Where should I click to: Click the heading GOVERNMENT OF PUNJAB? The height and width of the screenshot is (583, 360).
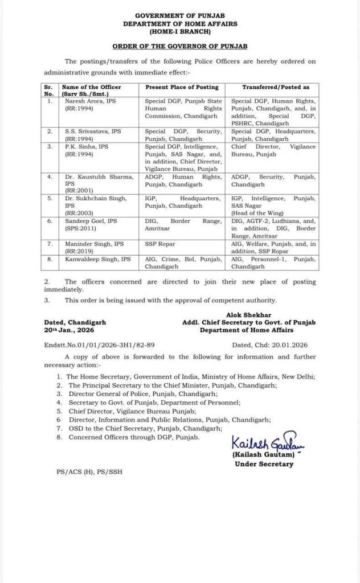click(x=179, y=17)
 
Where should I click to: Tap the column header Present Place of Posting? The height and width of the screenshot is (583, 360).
click(x=182, y=87)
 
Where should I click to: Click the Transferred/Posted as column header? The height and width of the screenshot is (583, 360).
click(x=272, y=87)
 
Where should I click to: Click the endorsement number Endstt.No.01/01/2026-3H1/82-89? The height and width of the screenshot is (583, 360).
click(x=100, y=344)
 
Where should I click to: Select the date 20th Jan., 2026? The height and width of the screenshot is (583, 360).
click(x=71, y=330)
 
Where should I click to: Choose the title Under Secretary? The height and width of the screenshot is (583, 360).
click(x=264, y=464)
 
